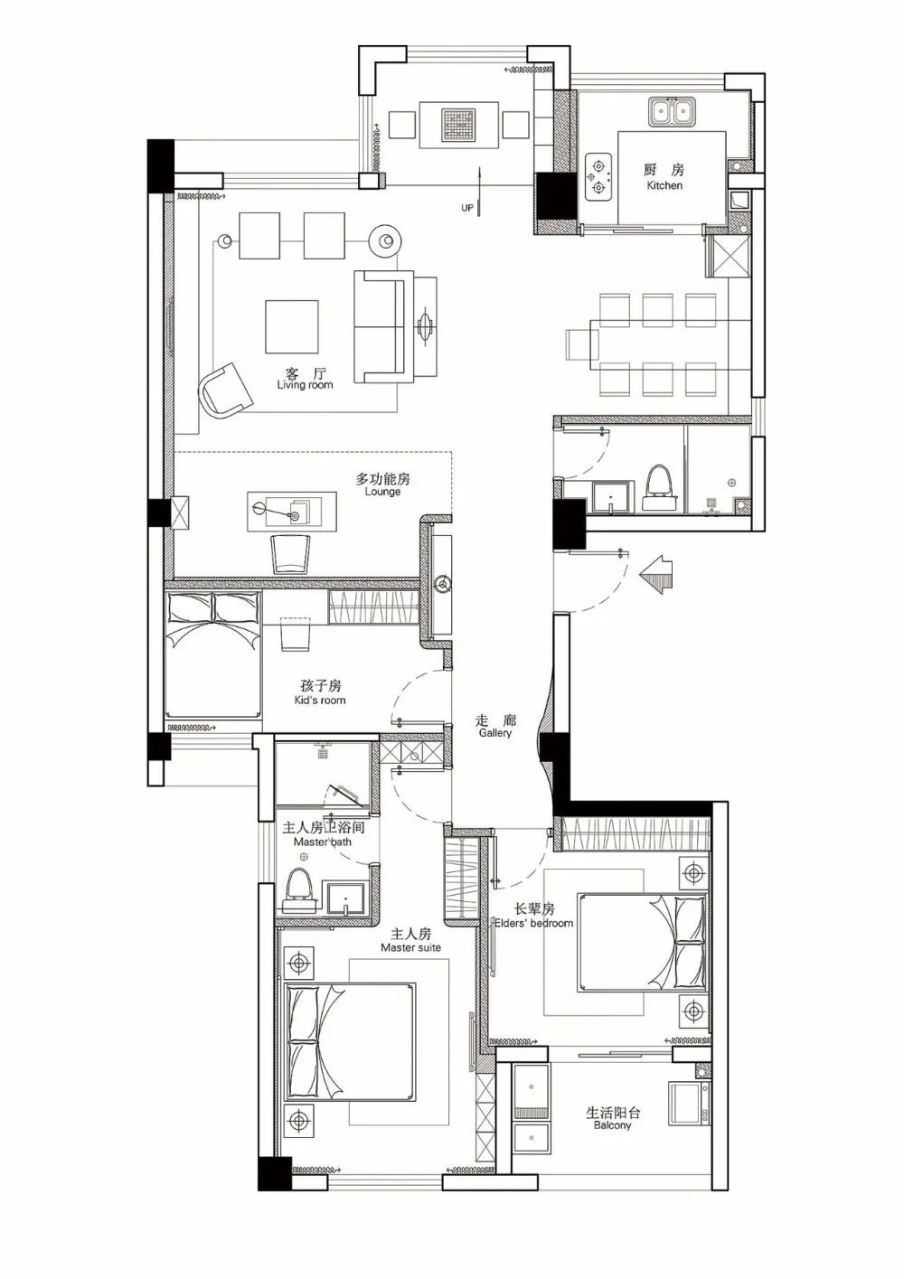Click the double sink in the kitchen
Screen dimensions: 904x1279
point(673,111)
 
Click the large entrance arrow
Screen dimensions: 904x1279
point(655,574)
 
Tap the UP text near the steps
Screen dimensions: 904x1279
point(467,208)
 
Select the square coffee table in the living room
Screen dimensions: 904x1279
point(291,327)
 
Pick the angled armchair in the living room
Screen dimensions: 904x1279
point(225,390)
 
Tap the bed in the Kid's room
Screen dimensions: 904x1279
point(212,654)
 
